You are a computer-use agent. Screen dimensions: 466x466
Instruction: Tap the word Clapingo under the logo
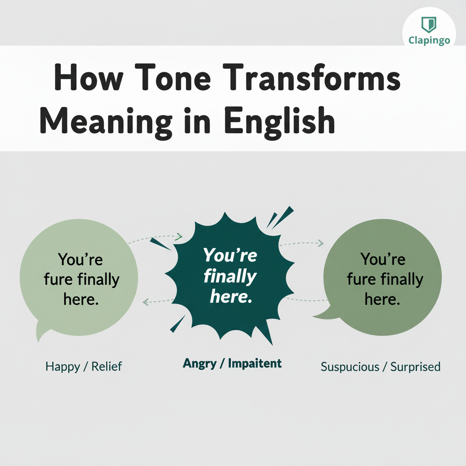[x=429, y=41]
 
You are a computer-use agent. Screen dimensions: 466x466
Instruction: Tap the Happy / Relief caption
[x=84, y=366]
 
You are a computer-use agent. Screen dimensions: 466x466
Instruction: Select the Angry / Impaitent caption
[x=232, y=364]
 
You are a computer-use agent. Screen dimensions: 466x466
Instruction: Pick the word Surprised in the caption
[x=415, y=366]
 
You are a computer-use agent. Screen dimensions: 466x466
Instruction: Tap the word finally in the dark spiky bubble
[x=230, y=276]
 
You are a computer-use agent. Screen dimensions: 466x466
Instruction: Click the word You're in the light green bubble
[x=81, y=260]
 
